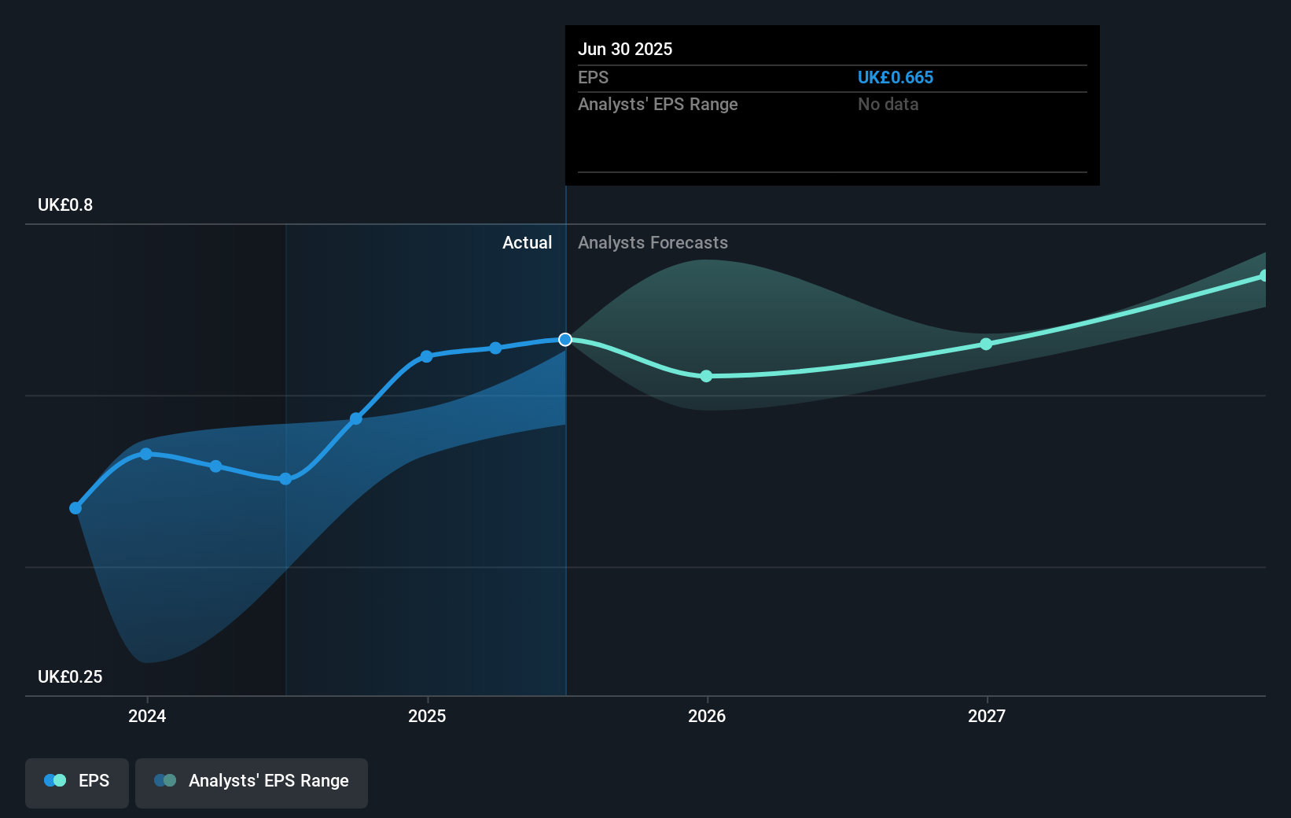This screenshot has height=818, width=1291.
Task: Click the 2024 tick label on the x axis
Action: coord(147,716)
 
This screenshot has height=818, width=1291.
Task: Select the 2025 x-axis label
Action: coord(427,716)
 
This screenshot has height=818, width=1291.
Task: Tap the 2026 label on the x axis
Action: coord(707,716)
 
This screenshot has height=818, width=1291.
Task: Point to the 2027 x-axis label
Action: coord(987,716)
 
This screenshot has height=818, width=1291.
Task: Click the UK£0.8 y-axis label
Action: coord(65,205)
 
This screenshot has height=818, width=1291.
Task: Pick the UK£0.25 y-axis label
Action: coord(70,677)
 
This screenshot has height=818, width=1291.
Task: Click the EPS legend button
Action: coord(77,781)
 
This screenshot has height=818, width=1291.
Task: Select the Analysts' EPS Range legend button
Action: coord(252,781)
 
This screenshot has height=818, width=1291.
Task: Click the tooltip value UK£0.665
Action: coord(895,78)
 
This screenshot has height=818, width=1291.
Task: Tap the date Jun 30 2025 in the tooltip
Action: coord(625,50)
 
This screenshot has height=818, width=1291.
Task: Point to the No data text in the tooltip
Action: coord(888,105)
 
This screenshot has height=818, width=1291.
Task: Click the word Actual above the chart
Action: coord(527,243)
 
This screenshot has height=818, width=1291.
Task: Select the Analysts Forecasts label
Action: coord(653,243)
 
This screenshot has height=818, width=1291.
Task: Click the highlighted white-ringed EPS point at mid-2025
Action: coord(565,340)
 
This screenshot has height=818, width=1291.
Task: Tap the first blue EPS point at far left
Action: coord(75,508)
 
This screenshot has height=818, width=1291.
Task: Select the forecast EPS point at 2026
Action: coord(706,377)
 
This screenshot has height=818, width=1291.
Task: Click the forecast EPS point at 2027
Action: coord(986,345)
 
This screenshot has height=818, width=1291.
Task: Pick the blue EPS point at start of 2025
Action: coord(426,356)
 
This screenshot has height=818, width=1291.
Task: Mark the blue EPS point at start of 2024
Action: coord(146,454)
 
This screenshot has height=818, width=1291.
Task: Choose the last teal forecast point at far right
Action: coord(1264,276)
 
